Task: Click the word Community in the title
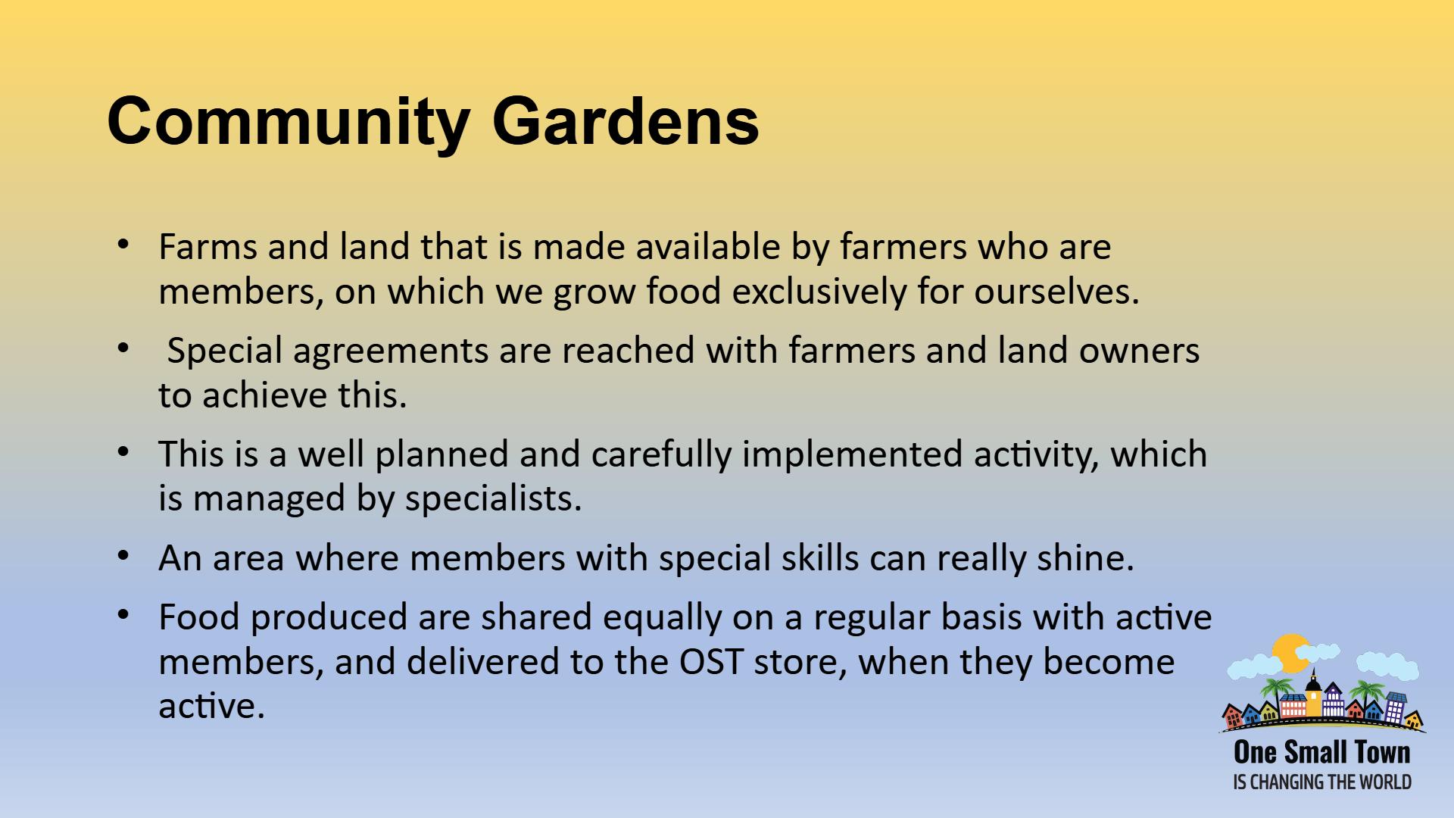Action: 289,121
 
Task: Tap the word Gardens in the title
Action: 626,121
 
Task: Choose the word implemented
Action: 852,454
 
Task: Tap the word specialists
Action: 493,498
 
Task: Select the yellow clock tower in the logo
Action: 1313,693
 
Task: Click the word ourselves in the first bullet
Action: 1056,291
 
